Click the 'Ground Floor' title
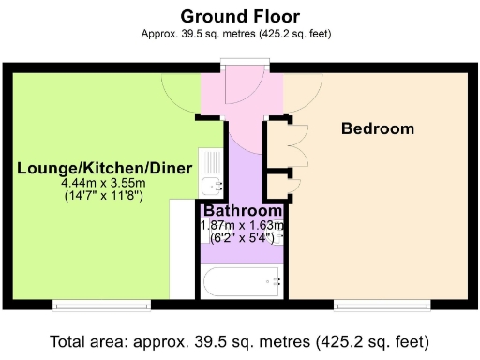point(239,16)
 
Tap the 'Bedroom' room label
point(377,128)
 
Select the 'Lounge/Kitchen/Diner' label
point(105,168)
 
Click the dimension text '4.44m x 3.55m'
point(104,183)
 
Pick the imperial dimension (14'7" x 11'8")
point(104,197)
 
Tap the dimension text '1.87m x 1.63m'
point(243,226)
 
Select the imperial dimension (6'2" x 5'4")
point(243,239)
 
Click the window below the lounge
point(100,305)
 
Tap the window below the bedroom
point(383,305)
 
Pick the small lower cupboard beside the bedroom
point(279,184)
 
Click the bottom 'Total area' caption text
point(239,340)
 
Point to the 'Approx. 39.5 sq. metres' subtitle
point(239,34)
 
